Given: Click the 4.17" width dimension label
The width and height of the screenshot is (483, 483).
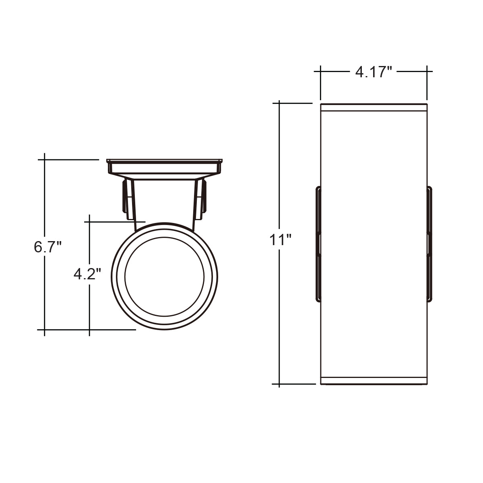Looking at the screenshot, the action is (373, 72).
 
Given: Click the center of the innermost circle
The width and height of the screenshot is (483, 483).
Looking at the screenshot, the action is (165, 277).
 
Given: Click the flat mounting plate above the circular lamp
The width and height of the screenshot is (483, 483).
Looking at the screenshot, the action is (165, 166).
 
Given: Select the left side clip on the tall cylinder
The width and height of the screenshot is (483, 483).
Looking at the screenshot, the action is (318, 244).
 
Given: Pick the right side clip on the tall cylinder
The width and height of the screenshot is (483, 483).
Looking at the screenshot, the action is (429, 244).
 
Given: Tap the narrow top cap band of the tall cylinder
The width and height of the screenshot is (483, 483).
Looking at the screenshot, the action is (374, 107).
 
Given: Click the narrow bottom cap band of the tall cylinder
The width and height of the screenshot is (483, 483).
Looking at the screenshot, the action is (374, 387).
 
